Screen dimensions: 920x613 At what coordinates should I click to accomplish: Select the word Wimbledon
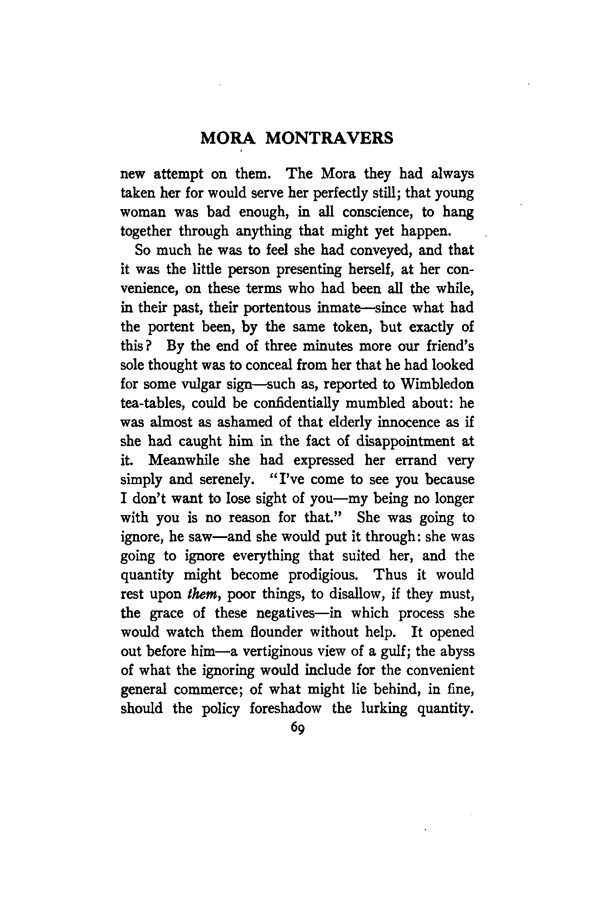point(436,384)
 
